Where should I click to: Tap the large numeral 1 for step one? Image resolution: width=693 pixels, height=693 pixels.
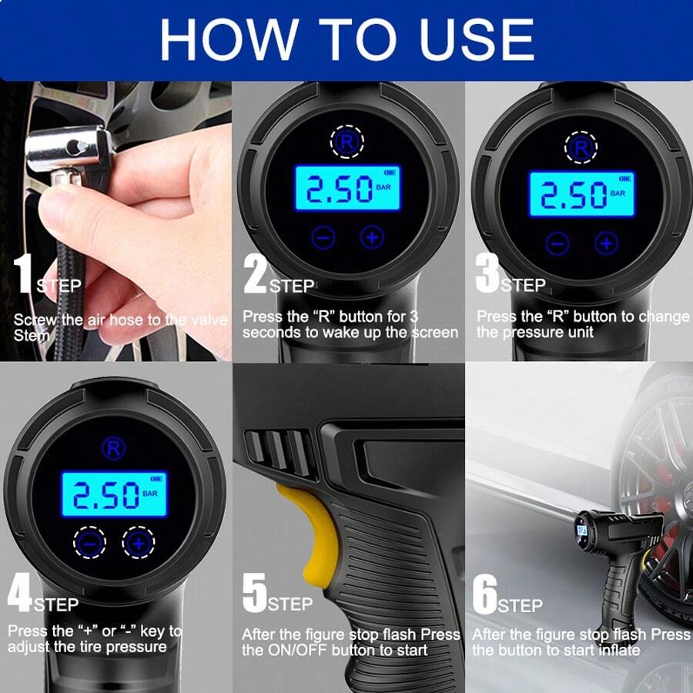pyautogui.click(x=23, y=274)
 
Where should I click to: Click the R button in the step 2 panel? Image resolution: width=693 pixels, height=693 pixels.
pyautogui.click(x=348, y=142)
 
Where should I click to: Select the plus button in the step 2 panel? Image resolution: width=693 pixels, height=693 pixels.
pyautogui.click(x=373, y=237)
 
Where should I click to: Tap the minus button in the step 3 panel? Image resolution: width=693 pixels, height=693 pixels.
pyautogui.click(x=557, y=244)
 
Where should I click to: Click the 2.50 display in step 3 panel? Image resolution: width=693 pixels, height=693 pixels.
pyautogui.click(x=574, y=194)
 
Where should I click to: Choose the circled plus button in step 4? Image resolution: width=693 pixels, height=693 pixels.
pyautogui.click(x=139, y=544)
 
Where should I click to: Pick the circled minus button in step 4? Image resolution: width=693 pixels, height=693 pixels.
pyautogui.click(x=90, y=544)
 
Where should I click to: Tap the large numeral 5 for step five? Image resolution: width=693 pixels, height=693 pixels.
pyautogui.click(x=253, y=594)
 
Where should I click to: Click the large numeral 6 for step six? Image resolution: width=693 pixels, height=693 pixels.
pyautogui.click(x=484, y=594)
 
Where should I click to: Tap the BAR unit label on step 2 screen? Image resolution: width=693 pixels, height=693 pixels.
pyautogui.click(x=383, y=187)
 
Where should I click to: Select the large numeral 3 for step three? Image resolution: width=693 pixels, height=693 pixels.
pyautogui.click(x=487, y=274)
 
